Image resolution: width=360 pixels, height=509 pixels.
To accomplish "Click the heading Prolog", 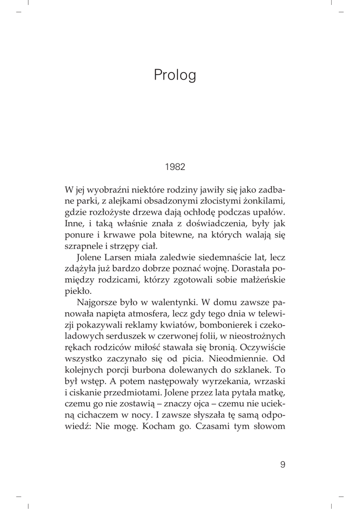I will (x=175, y=75).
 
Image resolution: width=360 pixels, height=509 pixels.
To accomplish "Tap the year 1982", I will (x=175, y=167).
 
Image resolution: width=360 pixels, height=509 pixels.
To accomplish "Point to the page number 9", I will (x=282, y=465).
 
